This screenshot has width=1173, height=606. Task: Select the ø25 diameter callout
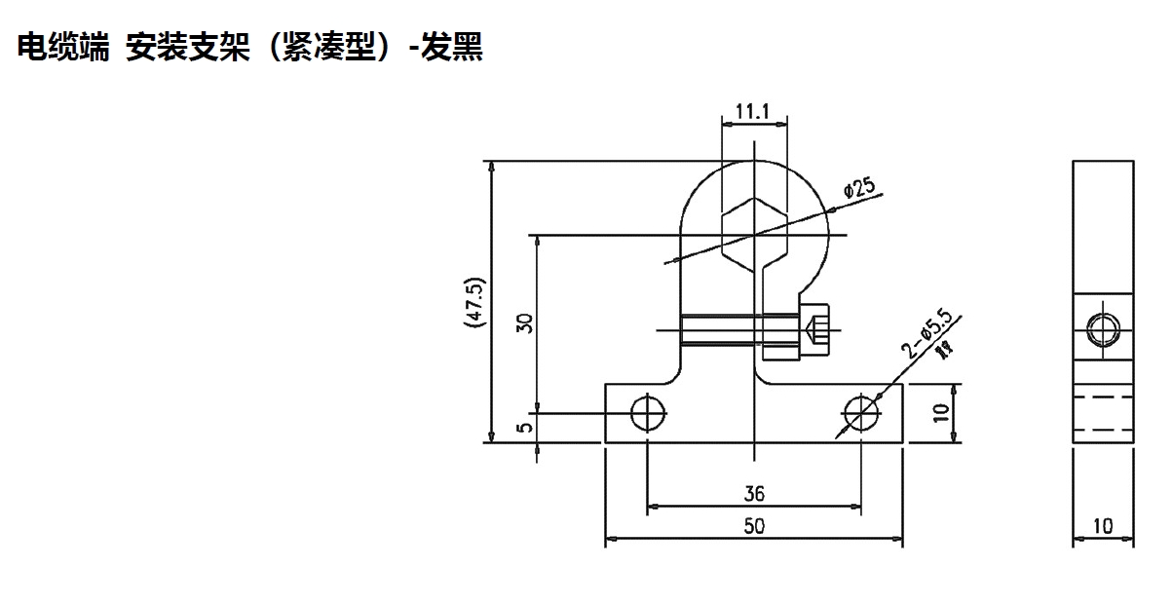pyautogui.click(x=860, y=188)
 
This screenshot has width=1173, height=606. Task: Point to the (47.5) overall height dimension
pyautogui.click(x=475, y=303)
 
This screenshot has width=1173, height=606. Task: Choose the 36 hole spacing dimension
pyautogui.click(x=754, y=494)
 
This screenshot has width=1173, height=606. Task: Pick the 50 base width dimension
pyautogui.click(x=754, y=526)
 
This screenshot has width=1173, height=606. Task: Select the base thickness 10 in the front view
pyautogui.click(x=939, y=413)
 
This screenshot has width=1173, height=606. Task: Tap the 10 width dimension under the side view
pyautogui.click(x=1103, y=526)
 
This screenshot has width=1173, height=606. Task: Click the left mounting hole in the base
pyautogui.click(x=647, y=413)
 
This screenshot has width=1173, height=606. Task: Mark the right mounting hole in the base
pyautogui.click(x=861, y=413)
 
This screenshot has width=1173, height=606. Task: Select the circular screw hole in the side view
pyautogui.click(x=1103, y=328)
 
